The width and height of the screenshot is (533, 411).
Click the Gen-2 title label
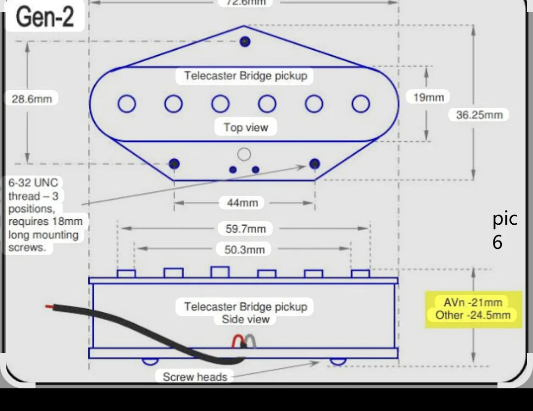44,17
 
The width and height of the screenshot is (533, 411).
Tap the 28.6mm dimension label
32,99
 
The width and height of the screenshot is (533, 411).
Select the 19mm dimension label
428,98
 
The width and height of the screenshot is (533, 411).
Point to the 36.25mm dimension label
479,115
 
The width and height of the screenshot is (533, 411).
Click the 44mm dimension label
242,203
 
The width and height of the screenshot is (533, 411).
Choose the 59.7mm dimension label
246,228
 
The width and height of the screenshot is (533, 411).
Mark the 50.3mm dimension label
244,249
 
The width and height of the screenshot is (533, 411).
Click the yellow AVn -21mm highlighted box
473,309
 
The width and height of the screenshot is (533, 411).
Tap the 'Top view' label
246,127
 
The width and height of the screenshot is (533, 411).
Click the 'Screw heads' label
195,377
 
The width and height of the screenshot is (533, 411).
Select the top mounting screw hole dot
245,42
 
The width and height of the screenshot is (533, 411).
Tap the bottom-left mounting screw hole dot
174,164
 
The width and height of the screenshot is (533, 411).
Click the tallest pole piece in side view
220,272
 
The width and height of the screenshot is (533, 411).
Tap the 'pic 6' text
505,230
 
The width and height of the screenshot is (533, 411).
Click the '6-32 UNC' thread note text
33,183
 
